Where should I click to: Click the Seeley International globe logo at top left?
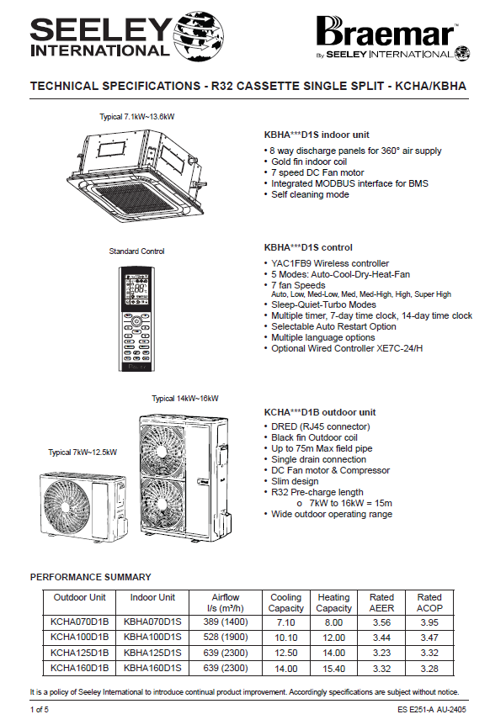coord(198,36)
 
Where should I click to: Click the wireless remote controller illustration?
coord(136,319)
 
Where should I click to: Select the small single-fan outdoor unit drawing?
coord(83,505)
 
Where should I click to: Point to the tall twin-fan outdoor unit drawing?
coord(184,478)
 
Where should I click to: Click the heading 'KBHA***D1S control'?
coord(308,247)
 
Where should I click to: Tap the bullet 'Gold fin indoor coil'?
coord(309,161)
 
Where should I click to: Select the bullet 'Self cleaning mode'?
coord(310,194)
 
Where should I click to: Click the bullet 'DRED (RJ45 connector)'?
coord(321,426)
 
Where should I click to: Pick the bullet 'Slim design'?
coord(295,481)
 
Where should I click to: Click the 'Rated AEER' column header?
coord(381,603)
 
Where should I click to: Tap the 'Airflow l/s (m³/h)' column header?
coord(226,603)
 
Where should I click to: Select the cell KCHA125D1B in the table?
coord(80,653)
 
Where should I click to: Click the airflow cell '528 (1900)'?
coord(226,638)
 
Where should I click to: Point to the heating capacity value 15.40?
coord(333,669)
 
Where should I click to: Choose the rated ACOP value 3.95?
coord(429,622)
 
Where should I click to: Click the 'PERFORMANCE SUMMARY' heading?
coord(91,577)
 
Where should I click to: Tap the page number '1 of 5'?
coord(40,710)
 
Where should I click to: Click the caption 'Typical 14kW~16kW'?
coord(185,399)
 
